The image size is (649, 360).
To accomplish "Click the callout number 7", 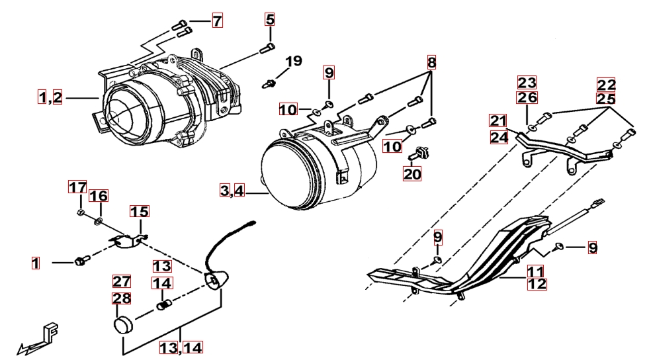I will [x=217, y=21].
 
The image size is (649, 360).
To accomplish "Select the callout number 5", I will [x=270, y=19].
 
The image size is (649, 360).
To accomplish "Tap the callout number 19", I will [x=292, y=61].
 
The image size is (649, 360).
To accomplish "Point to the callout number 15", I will [x=139, y=212].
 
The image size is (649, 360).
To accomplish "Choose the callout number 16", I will [x=99, y=196].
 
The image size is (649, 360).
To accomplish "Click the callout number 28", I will [x=121, y=298].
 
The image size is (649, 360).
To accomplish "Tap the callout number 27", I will [x=121, y=281].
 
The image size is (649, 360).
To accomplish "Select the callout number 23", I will [x=527, y=83].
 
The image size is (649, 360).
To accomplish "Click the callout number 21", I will [x=498, y=120].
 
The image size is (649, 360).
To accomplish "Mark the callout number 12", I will [x=537, y=284].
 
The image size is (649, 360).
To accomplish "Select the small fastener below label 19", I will [x=271, y=84].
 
